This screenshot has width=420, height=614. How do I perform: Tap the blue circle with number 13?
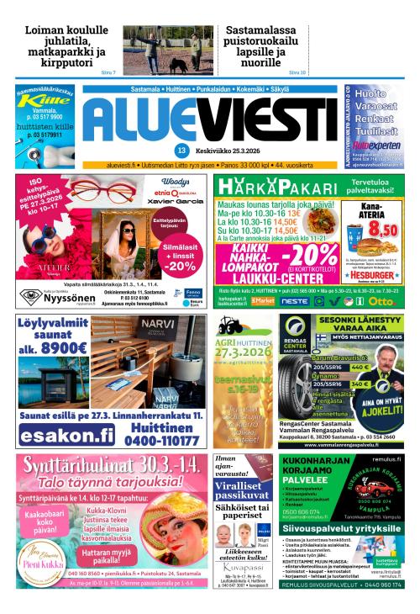click(181, 151)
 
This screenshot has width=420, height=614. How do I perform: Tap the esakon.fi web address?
click(66, 436)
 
